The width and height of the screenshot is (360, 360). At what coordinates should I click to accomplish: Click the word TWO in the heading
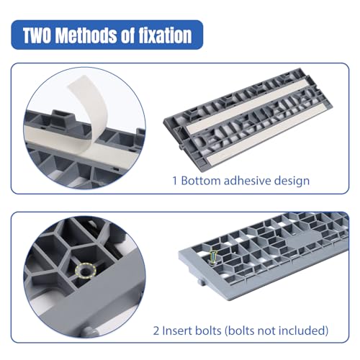coord(37,35)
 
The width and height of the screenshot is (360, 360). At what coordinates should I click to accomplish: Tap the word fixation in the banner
coord(166,35)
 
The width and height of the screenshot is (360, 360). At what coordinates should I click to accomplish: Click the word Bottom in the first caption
coord(200,181)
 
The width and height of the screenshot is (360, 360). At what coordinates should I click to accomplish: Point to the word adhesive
coord(247,181)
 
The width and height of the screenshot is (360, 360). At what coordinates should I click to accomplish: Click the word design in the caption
coord(292,181)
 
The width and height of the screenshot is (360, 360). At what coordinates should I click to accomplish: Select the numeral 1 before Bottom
coord(175,181)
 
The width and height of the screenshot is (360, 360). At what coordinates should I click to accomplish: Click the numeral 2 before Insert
coord(156,330)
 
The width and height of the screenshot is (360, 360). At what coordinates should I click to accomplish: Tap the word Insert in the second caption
coord(176,330)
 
